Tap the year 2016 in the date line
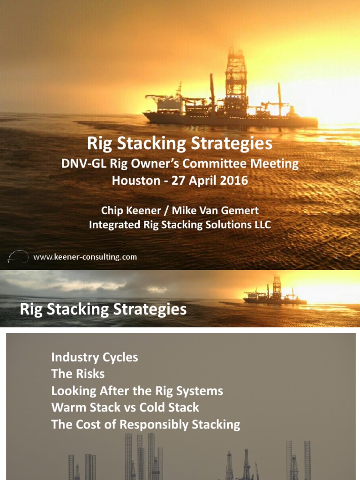pos(232,180)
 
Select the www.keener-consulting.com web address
pos(85,257)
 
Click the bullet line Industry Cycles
pos(94,357)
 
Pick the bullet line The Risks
pos(78,374)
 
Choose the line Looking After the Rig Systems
pos(137,391)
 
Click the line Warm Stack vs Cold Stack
pos(125,408)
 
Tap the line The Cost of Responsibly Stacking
pos(145,425)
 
